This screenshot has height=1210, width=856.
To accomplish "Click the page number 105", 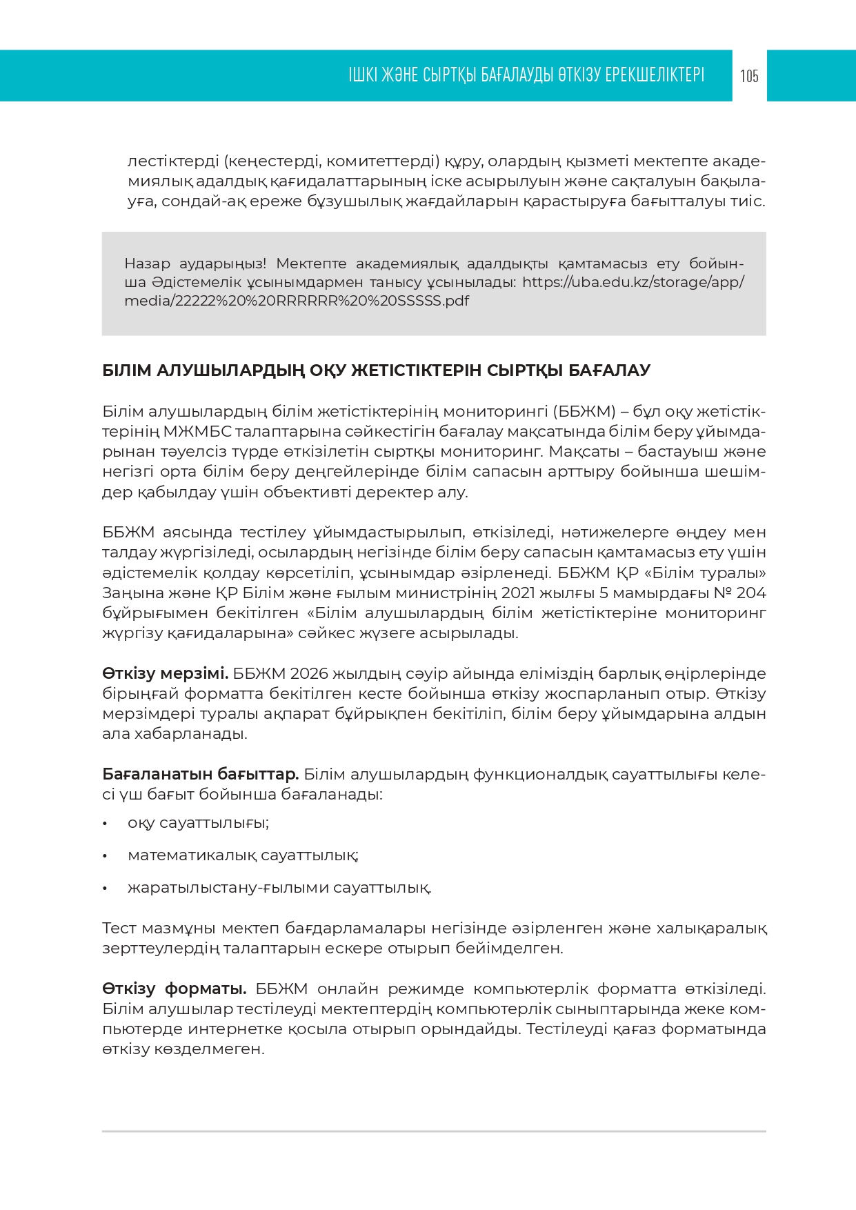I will point(749,76).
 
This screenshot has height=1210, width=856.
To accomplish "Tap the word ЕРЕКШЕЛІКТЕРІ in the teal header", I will point(654,75).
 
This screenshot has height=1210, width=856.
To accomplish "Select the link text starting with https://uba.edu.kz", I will point(633,282).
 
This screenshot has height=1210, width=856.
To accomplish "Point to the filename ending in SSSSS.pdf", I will point(297,301).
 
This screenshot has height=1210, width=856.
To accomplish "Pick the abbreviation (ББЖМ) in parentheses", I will point(584,412).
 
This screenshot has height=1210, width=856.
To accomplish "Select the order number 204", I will point(751,593).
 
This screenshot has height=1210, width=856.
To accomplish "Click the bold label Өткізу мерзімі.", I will point(165,673).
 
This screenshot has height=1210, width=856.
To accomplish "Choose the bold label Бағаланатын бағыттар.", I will point(200,774).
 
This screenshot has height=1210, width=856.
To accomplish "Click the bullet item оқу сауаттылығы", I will point(198,823).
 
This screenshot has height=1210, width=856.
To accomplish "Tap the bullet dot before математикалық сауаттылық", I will point(105,855).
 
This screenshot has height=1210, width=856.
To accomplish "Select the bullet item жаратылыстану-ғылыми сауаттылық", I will point(279,888).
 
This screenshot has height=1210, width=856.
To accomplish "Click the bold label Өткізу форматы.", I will point(174,989).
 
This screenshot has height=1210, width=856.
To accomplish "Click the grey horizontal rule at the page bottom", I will point(434,1131).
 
